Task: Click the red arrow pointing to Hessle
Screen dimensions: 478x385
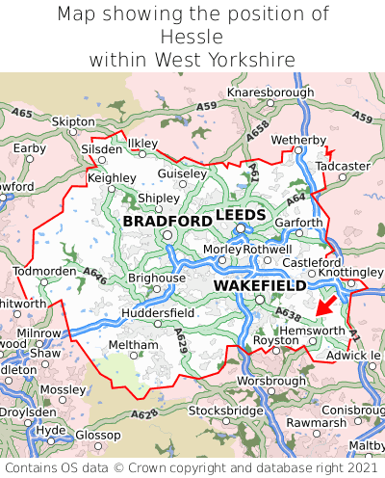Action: (x=327, y=305)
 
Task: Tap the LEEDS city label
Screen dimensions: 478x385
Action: (x=240, y=214)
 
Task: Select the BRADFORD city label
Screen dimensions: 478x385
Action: (x=167, y=222)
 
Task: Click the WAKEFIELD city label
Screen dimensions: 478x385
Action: (x=259, y=286)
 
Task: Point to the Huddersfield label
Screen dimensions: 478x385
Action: (x=160, y=313)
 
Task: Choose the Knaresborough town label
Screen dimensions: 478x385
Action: (x=270, y=93)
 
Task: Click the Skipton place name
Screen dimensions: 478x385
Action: (x=73, y=122)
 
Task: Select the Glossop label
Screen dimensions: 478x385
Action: (x=97, y=435)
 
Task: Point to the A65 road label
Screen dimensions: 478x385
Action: (x=21, y=114)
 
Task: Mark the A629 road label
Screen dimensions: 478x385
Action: (x=182, y=338)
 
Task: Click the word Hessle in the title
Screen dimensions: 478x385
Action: (x=192, y=37)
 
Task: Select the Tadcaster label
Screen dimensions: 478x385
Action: (x=343, y=166)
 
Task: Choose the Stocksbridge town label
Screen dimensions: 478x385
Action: (x=225, y=411)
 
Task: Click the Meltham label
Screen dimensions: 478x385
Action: (x=133, y=345)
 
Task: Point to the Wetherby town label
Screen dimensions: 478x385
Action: (x=299, y=141)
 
